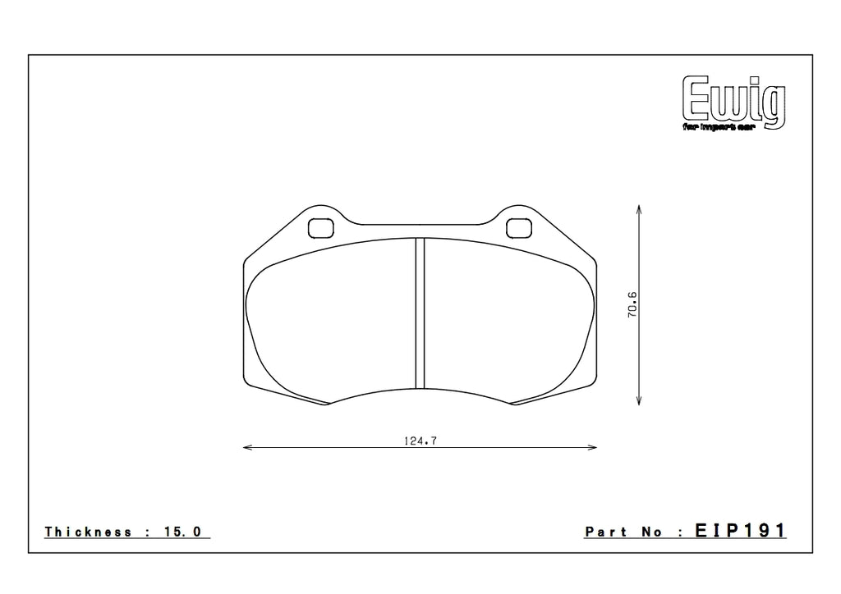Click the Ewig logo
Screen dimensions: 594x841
click(733, 102)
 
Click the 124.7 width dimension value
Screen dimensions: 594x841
click(420, 441)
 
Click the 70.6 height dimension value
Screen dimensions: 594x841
click(632, 304)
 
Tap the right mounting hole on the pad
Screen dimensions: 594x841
click(517, 227)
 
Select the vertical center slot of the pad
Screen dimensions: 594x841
click(419, 312)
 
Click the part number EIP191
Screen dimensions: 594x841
click(741, 531)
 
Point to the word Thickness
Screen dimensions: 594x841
click(88, 532)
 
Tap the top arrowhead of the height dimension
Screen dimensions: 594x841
click(640, 208)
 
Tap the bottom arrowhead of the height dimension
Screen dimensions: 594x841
click(640, 401)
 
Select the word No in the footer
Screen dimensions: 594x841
click(653, 532)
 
